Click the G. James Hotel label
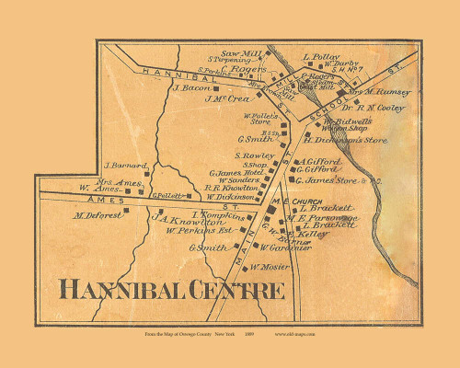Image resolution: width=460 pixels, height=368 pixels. pos(237,173)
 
